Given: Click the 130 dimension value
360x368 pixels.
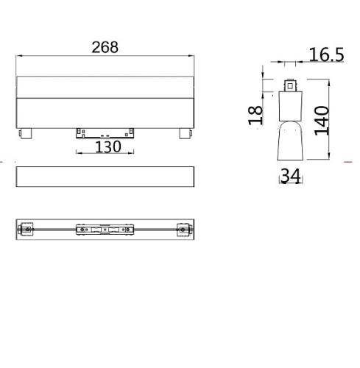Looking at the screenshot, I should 107,146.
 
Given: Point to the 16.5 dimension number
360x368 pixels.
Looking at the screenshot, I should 326,54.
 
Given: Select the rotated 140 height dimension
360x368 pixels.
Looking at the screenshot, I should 320,117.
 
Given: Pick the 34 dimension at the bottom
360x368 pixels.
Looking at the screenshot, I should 289,177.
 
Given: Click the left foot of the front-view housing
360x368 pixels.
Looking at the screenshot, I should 28,132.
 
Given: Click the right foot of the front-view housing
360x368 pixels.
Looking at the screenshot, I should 184,132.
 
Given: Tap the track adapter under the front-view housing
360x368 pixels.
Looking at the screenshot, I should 105,132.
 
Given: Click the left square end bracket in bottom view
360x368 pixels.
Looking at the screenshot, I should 27,230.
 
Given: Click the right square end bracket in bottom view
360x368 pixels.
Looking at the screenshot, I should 183,230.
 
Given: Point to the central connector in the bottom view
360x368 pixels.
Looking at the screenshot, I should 105,230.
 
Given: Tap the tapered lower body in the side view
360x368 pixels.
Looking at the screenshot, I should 289,141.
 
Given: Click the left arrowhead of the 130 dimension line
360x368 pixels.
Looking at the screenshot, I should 77,153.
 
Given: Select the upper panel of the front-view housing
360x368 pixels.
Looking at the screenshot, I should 106,86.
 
